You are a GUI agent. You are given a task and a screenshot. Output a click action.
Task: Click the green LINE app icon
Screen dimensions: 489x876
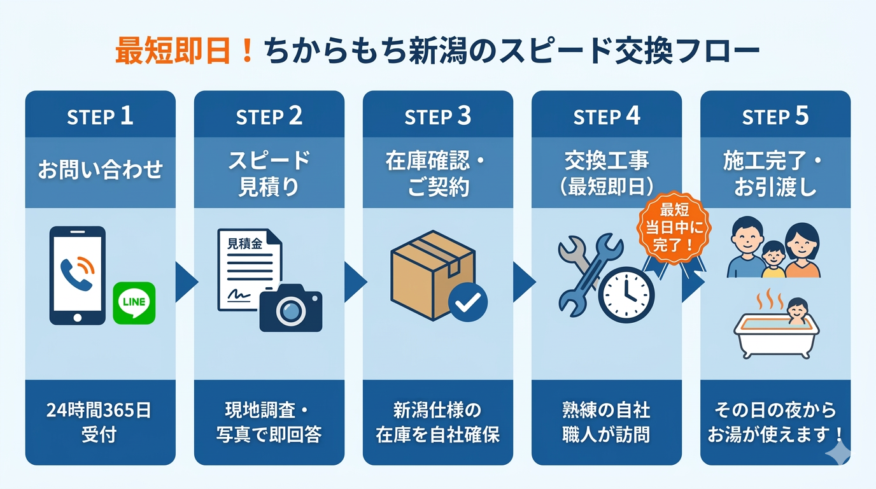(134, 302)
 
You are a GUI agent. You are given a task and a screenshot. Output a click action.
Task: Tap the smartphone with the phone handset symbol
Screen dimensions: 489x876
(77, 275)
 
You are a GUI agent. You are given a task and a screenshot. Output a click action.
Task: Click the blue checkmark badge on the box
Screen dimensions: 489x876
(468, 302)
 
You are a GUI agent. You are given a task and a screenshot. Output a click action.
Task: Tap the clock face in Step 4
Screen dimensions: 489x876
(626, 295)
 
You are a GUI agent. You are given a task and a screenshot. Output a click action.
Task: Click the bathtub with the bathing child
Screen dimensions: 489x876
(776, 328)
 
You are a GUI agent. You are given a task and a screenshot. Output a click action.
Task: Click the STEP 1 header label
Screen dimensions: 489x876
(100, 116)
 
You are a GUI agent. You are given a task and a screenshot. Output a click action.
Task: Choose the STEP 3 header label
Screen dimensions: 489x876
(438, 116)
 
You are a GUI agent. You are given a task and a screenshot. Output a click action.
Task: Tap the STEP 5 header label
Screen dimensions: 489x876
(775, 116)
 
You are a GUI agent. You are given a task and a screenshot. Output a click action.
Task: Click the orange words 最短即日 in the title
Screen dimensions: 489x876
(172, 52)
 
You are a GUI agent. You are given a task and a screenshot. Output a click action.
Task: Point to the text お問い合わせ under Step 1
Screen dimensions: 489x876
(100, 170)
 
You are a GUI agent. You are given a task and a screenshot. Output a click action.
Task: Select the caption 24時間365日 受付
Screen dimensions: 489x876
(100, 422)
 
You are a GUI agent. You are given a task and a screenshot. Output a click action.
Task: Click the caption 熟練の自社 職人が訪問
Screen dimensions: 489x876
(607, 422)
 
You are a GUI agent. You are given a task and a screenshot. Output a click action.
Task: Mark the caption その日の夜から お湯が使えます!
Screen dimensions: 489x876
(775, 422)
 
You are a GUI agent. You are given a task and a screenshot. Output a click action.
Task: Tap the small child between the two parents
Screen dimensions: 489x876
(774, 258)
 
